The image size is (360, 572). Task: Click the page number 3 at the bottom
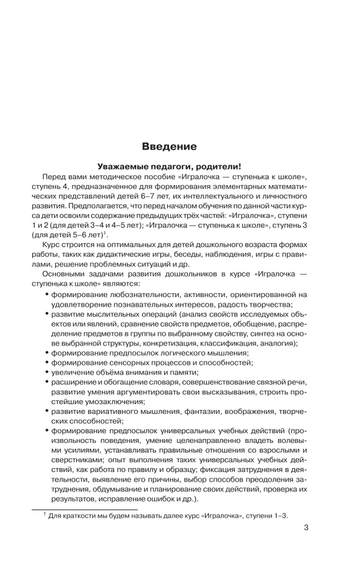click(306, 527)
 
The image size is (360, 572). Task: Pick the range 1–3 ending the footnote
click(282, 515)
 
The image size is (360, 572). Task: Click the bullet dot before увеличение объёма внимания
click(47, 372)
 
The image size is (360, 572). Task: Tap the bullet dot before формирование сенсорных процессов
click(47, 362)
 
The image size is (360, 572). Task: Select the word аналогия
click(274, 343)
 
